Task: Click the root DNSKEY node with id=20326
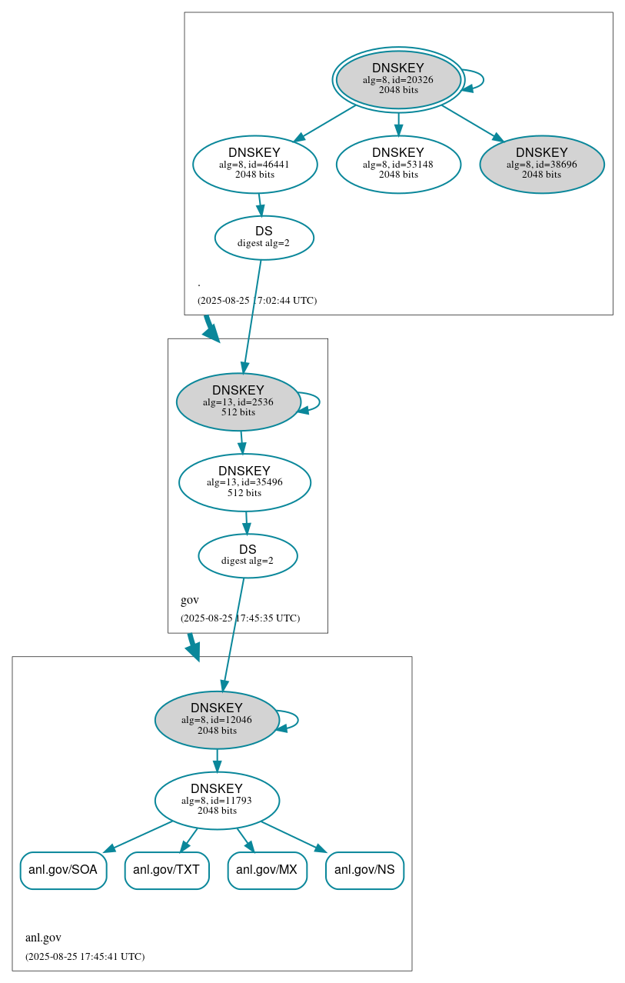pyautogui.click(x=398, y=79)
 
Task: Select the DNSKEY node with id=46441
pyautogui.click(x=254, y=164)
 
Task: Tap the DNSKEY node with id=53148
pyautogui.click(x=398, y=164)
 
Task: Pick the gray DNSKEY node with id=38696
pyautogui.click(x=541, y=164)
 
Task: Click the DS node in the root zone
pyautogui.click(x=264, y=237)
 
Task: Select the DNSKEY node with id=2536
pyautogui.click(x=238, y=402)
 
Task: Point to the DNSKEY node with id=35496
pyautogui.click(x=244, y=482)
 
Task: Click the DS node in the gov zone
pyautogui.click(x=248, y=555)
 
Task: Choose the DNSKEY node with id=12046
pyautogui.click(x=216, y=720)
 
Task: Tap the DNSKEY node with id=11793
pyautogui.click(x=216, y=801)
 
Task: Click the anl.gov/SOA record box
pyautogui.click(x=63, y=870)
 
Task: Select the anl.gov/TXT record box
pyautogui.click(x=167, y=870)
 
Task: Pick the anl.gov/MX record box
pyautogui.click(x=267, y=870)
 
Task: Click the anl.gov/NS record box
pyautogui.click(x=364, y=870)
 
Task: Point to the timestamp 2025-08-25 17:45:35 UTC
pyautogui.click(x=240, y=618)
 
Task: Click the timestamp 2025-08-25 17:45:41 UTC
pyautogui.click(x=85, y=956)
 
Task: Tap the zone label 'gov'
pyautogui.click(x=189, y=600)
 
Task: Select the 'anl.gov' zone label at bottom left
pyautogui.click(x=43, y=938)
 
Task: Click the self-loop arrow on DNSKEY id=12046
pyautogui.click(x=297, y=720)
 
